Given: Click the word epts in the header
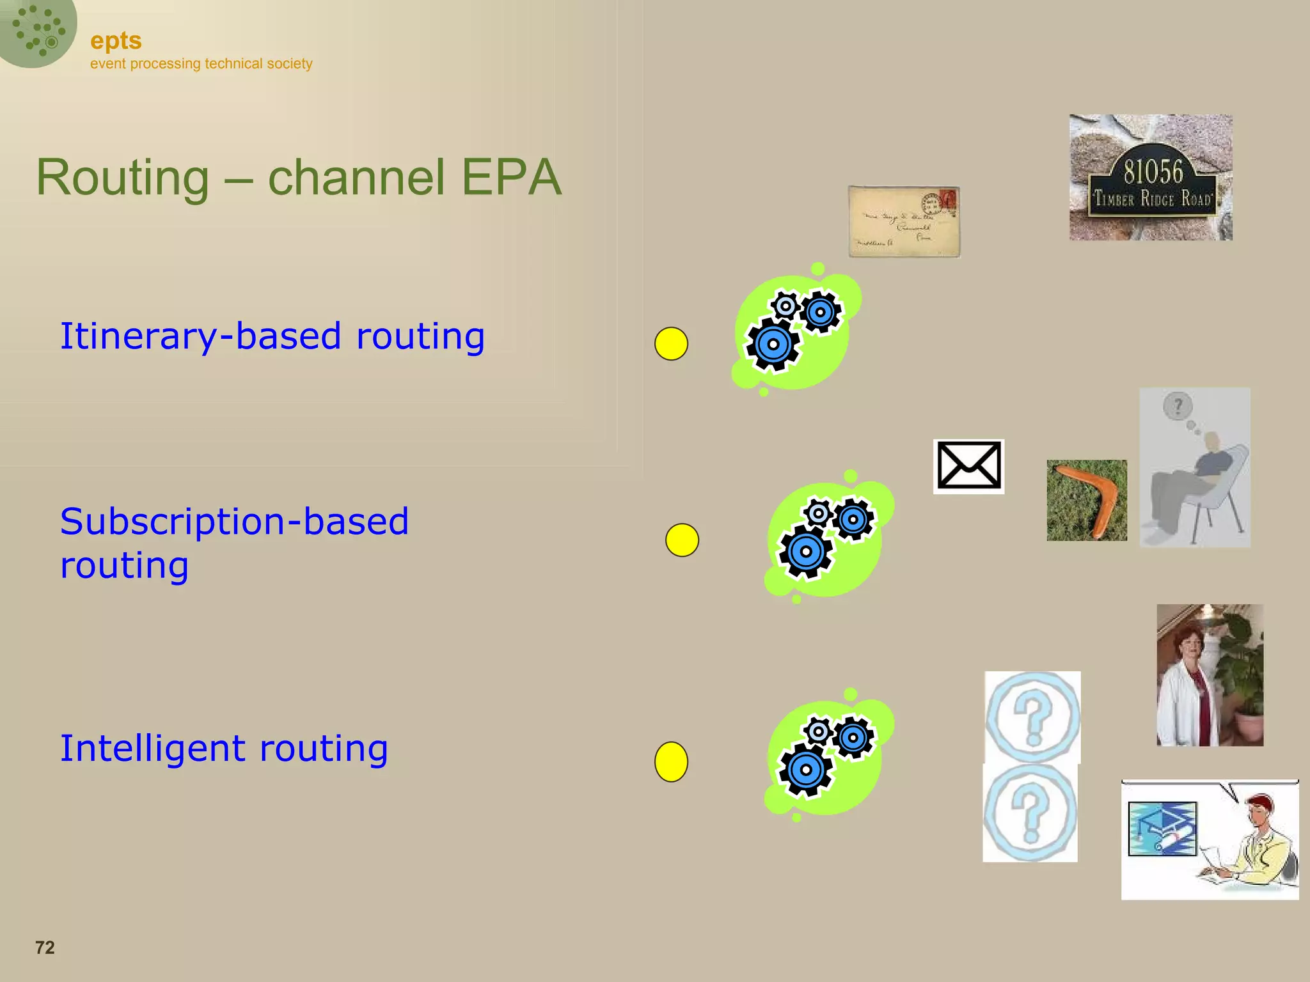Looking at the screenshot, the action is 116,41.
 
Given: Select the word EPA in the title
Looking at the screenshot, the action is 511,177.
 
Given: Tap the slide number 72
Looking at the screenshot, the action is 45,947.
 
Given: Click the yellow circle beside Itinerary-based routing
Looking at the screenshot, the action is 671,344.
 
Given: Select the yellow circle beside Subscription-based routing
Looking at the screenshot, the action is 682,540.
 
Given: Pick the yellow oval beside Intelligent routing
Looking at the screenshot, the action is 671,761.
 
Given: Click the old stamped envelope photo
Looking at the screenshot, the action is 904,222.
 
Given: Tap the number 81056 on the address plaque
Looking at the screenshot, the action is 1153,172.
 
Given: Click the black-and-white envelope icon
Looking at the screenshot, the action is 968,466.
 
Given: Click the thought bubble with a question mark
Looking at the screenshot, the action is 1178,406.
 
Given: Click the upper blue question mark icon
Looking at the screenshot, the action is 1032,717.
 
